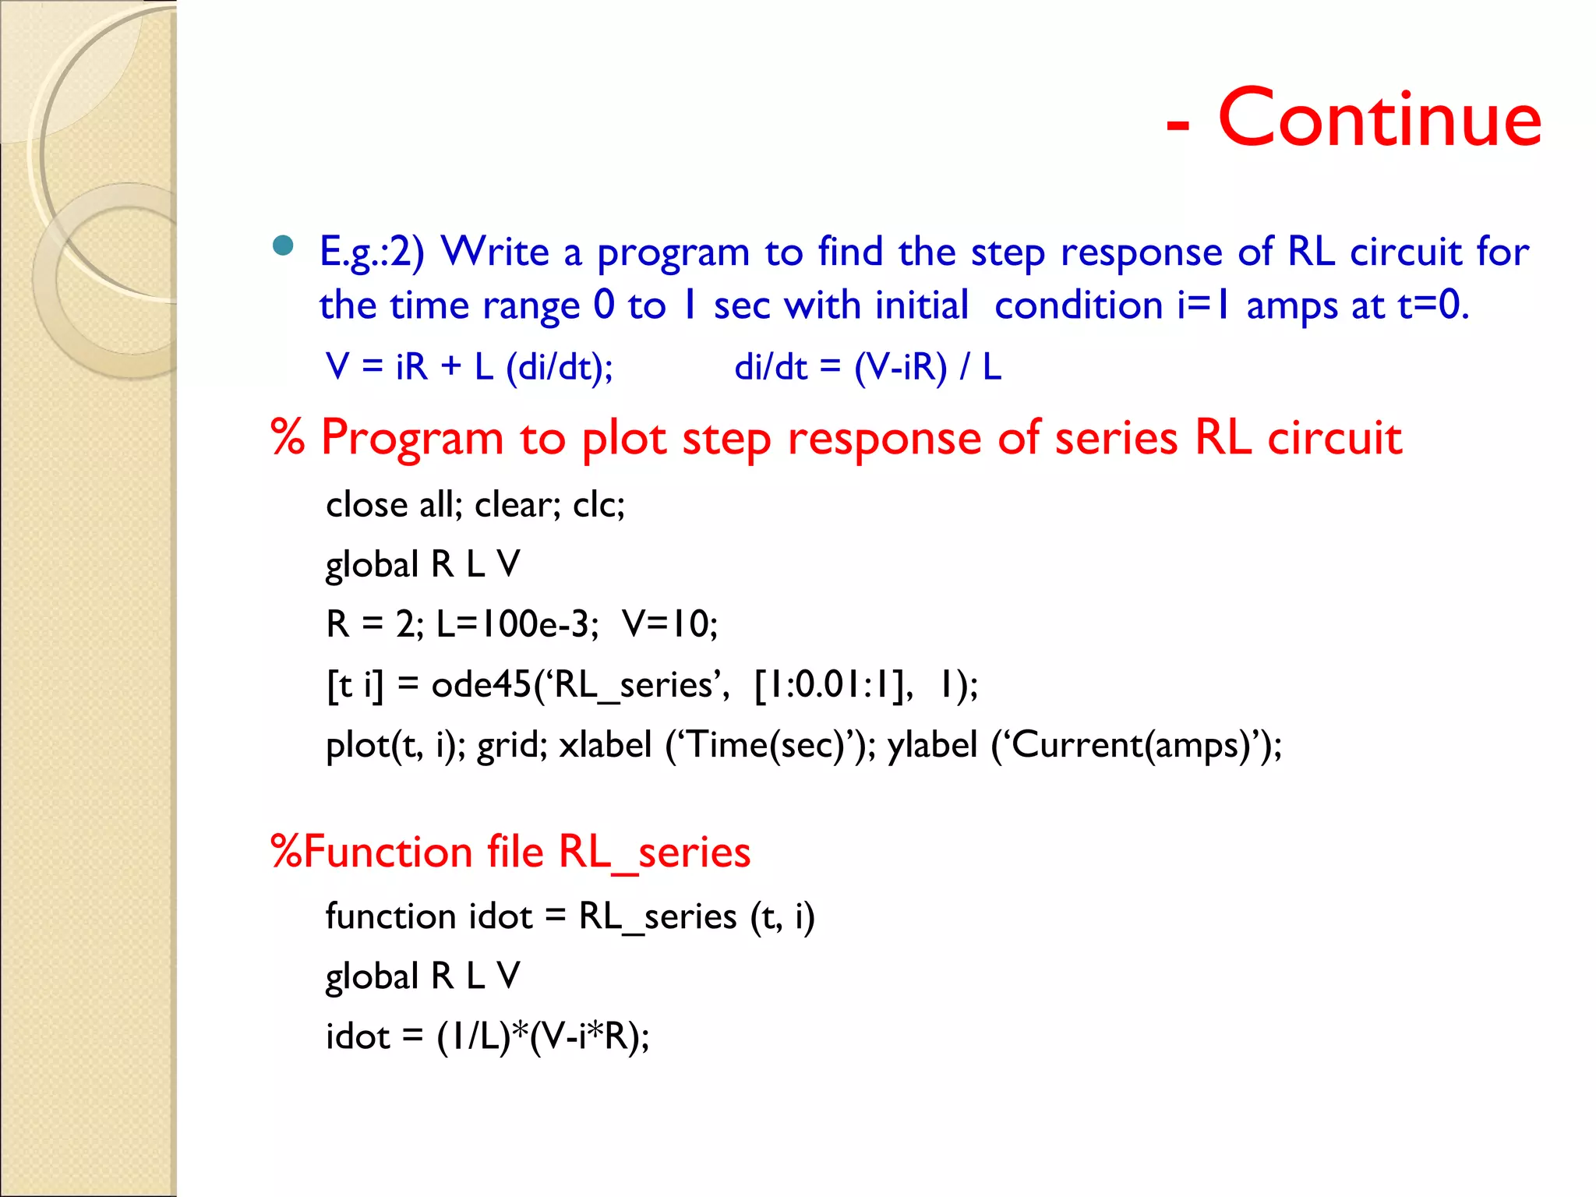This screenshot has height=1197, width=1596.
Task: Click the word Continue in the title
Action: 1379,118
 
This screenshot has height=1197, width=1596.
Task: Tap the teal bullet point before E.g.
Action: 283,246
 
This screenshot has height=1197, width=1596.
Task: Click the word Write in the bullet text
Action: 496,252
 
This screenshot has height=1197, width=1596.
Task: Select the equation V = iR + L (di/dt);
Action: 469,366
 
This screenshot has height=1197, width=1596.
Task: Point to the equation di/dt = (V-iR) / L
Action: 867,366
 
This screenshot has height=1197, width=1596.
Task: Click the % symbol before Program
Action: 288,437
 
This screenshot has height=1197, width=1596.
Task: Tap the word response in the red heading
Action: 885,439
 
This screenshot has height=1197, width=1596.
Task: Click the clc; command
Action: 598,505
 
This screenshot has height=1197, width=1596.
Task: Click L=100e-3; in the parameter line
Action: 517,624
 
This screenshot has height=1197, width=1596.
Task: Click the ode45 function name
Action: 481,685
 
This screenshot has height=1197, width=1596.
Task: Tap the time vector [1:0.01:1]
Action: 833,685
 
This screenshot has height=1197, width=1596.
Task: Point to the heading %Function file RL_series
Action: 510,851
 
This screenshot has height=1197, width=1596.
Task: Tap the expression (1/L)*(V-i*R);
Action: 542,1036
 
